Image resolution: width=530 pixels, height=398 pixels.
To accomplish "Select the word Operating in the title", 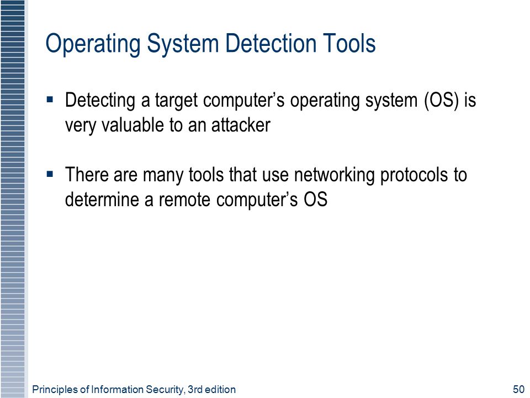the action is click(93, 44).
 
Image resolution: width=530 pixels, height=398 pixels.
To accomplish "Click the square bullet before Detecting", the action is click(50, 99).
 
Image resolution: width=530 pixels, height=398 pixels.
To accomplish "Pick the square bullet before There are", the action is click(50, 174).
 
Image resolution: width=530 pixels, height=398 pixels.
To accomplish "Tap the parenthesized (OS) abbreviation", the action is click(442, 101).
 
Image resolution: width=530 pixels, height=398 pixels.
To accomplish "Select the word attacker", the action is click(241, 125).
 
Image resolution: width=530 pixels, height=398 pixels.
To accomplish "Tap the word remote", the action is click(184, 200).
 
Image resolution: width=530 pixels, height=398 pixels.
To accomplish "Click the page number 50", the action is click(518, 390).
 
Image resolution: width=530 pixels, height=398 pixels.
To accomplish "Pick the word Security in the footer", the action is click(165, 390).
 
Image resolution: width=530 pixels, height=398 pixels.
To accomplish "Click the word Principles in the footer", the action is click(55, 390).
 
